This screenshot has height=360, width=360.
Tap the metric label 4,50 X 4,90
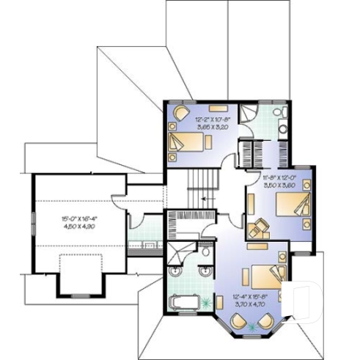pos(79,227)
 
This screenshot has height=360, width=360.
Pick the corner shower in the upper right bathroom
pos(249,113)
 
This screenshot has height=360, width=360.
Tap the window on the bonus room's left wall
pos(32,219)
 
